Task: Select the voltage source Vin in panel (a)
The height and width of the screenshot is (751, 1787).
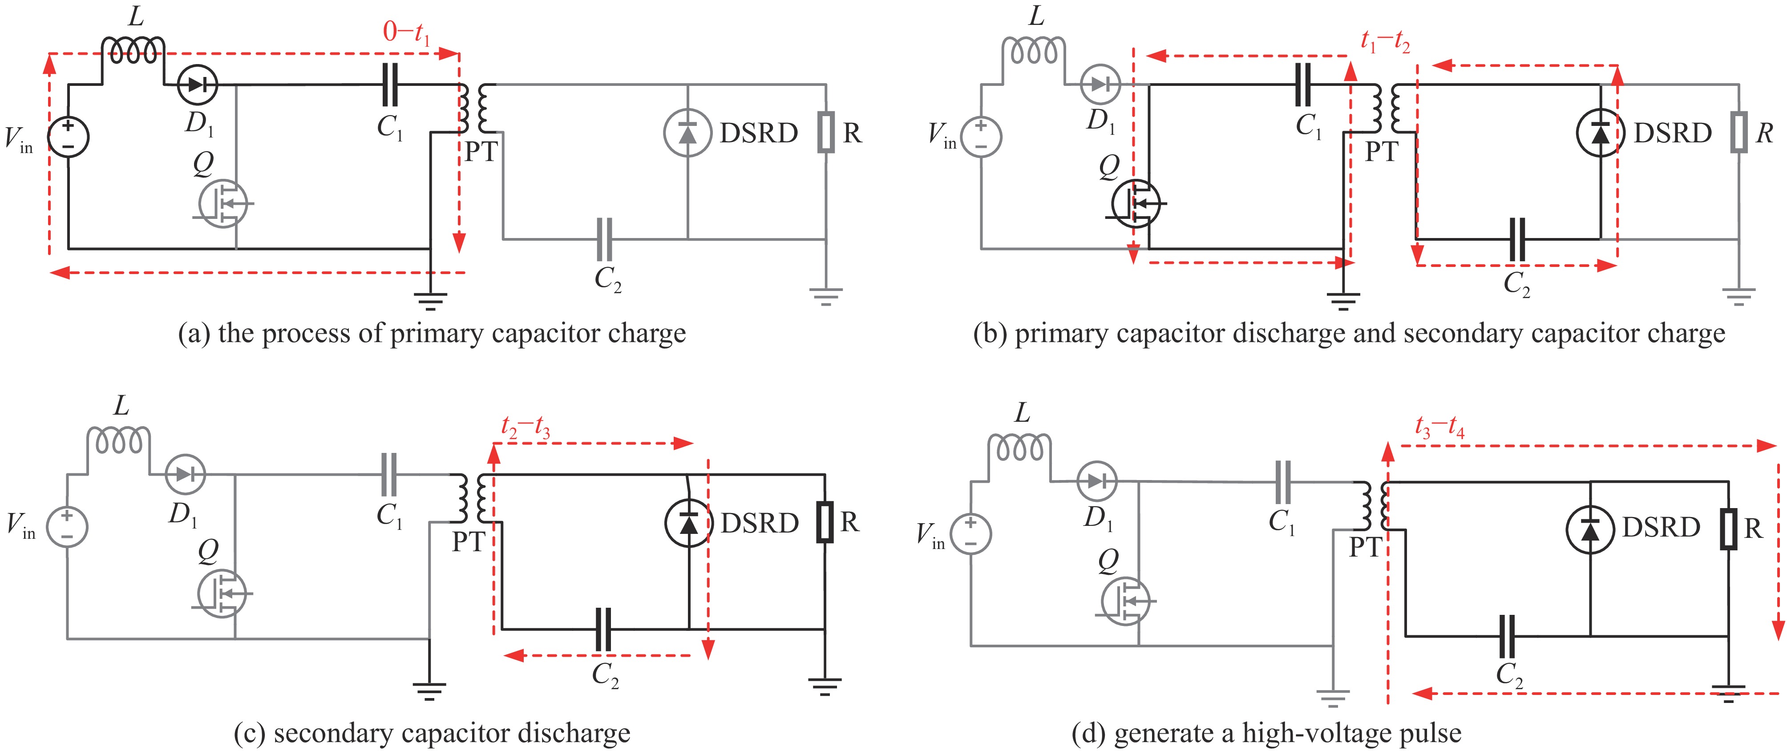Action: tap(68, 137)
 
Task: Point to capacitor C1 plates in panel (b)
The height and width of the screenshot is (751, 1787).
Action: tap(1303, 85)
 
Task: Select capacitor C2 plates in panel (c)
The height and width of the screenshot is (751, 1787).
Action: tap(603, 630)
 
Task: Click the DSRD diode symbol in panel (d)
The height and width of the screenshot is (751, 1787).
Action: tap(1589, 529)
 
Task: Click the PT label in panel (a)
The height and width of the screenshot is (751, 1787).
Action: tap(481, 152)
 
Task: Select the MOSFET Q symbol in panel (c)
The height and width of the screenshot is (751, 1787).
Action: tap(222, 594)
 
